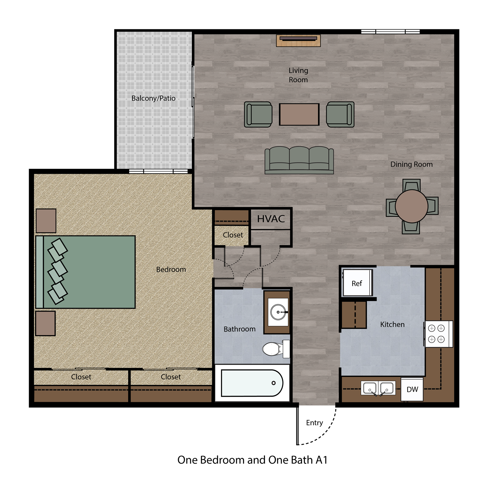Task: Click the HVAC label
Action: [x=271, y=219]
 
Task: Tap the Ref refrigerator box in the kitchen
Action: [x=357, y=283]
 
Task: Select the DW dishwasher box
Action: [x=412, y=389]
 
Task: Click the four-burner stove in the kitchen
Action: [x=439, y=334]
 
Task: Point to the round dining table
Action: [x=411, y=206]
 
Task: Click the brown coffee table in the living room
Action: [x=299, y=114]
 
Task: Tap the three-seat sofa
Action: [x=299, y=160]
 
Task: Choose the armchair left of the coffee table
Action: [x=258, y=115]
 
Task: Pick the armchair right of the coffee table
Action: [x=340, y=115]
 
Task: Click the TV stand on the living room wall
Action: [x=298, y=41]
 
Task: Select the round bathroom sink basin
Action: [x=278, y=312]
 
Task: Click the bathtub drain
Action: [x=273, y=383]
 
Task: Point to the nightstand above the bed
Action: [x=46, y=221]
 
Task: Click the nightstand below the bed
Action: [x=45, y=323]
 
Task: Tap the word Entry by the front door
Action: [x=314, y=423]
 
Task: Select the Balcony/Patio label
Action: [x=153, y=98]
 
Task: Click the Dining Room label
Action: [x=411, y=164]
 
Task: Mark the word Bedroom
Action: [x=171, y=269]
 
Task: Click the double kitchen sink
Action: [x=378, y=388]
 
